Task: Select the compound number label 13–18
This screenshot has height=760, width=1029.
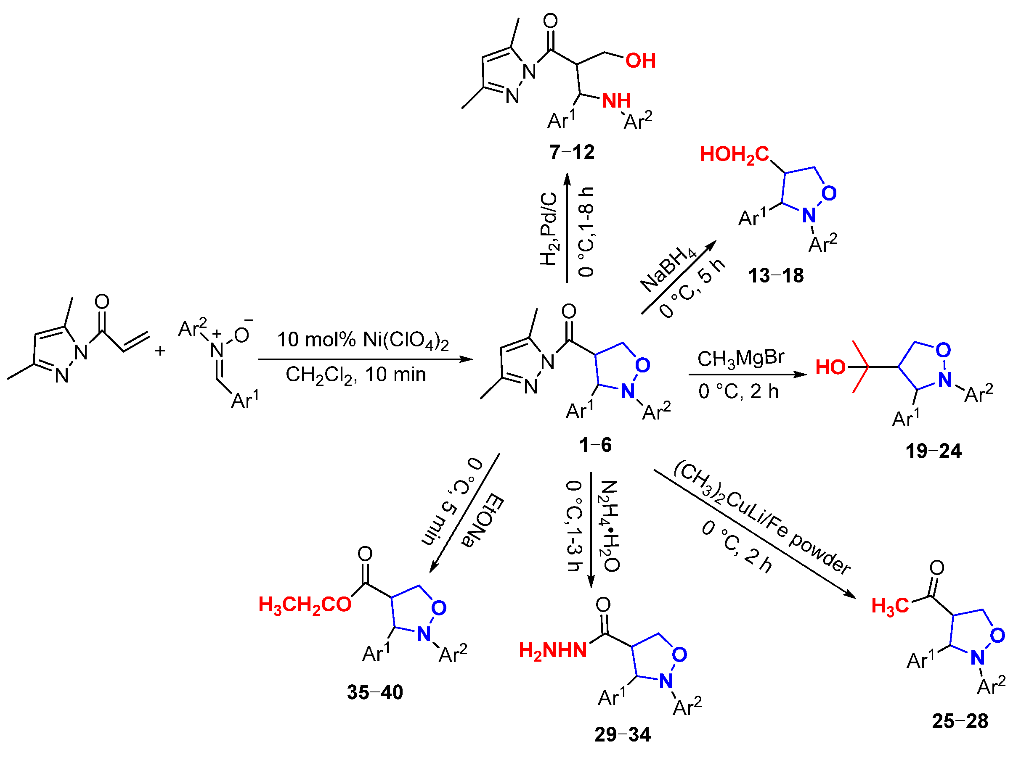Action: [x=776, y=276]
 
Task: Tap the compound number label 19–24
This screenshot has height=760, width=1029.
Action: [x=933, y=451]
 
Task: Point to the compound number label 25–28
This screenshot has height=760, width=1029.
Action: [x=960, y=721]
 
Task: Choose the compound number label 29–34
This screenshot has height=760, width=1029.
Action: [x=623, y=735]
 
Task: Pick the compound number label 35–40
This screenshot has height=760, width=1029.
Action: [x=375, y=692]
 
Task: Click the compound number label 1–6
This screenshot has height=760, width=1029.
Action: [x=595, y=445]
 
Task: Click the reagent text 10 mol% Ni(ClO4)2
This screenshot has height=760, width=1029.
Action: [x=362, y=340]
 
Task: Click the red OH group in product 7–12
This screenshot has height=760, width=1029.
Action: [x=640, y=61]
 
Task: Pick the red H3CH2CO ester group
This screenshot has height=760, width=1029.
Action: [x=305, y=605]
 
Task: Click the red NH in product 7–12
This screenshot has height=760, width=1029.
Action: [x=616, y=101]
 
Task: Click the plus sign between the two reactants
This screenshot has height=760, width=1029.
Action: [x=160, y=351]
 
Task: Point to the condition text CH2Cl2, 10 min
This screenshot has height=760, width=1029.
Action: [x=355, y=375]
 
